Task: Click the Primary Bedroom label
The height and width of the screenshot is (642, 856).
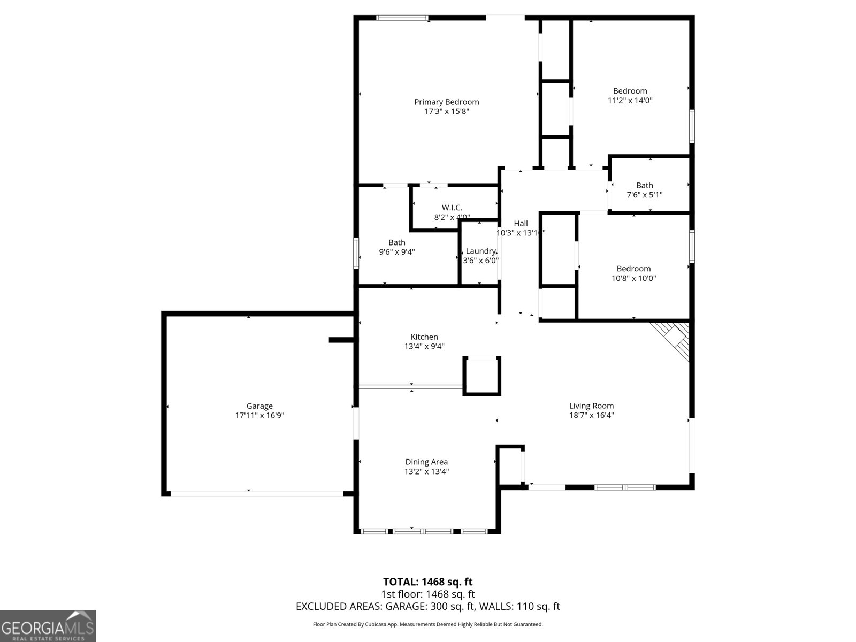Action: tap(446, 102)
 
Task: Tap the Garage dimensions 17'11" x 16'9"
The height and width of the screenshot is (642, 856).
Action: tap(259, 415)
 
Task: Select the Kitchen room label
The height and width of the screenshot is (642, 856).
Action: tap(424, 337)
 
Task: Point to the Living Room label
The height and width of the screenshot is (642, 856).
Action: tap(591, 406)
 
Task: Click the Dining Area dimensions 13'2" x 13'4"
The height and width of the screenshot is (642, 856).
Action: tap(426, 471)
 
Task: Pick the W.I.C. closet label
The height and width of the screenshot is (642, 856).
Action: tap(452, 208)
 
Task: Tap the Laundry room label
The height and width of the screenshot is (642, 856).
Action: tap(480, 251)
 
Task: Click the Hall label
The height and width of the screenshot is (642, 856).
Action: tap(521, 224)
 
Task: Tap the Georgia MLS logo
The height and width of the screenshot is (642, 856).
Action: tap(48, 625)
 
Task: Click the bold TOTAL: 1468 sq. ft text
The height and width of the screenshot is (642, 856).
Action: tap(427, 582)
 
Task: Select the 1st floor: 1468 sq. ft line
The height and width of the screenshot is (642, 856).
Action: tap(427, 594)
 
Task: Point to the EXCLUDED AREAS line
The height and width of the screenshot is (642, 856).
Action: tap(427, 606)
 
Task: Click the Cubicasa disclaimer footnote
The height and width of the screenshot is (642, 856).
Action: tap(427, 624)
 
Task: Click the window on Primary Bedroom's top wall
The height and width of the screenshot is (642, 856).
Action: tap(402, 18)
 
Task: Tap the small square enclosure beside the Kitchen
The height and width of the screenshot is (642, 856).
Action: tap(481, 376)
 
